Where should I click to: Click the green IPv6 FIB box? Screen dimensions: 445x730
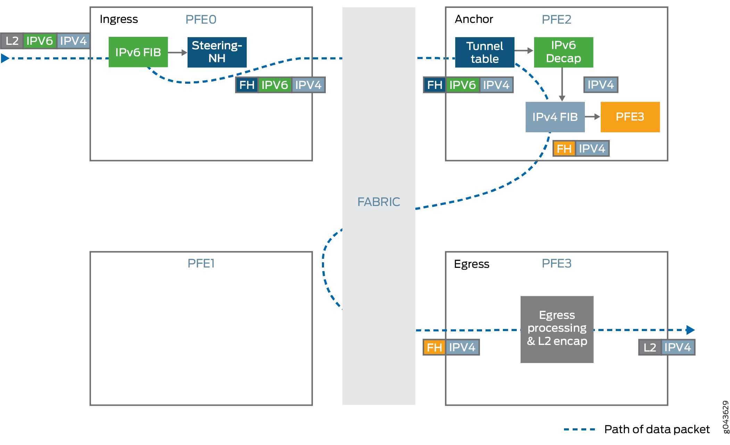coord(138,52)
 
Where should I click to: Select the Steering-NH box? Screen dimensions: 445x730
coord(217,52)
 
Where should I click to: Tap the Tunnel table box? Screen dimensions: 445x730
coord(484,52)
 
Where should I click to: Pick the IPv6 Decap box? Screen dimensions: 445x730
coord(563,52)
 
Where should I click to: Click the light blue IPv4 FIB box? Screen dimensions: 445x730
coord(555,117)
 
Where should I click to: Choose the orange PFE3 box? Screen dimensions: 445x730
coord(630,117)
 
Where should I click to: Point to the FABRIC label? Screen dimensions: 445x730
coord(379,202)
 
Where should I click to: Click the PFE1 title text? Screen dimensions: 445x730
coord(201,263)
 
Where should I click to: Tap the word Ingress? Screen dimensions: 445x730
coord(119,19)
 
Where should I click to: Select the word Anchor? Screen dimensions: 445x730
coord(474,19)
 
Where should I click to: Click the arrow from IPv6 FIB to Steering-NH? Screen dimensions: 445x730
coord(177,53)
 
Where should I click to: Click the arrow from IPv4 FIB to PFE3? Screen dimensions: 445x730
coord(592,117)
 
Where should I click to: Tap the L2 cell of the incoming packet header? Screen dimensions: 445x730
coord(12,41)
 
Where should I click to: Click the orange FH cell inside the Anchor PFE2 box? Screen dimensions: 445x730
coord(564,149)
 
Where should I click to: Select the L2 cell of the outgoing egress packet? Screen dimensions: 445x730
coord(649,347)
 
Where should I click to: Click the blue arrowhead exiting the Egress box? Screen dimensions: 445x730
coord(690,330)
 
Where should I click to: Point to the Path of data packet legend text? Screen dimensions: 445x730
coord(657,429)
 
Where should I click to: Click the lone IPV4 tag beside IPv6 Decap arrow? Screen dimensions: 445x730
coord(600,85)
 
